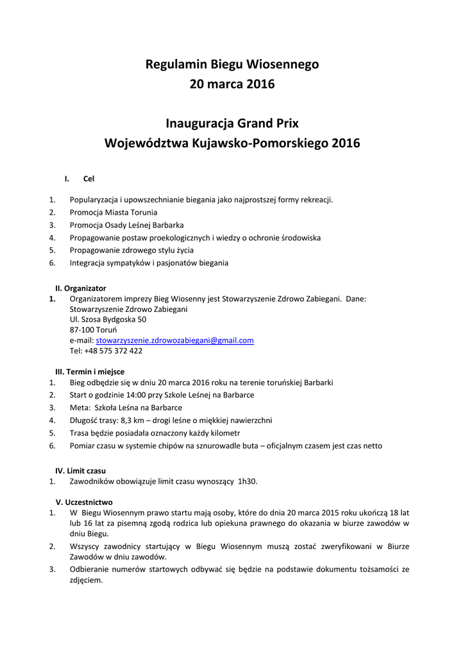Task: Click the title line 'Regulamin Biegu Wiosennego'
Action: (x=232, y=64)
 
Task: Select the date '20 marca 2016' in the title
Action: (x=232, y=85)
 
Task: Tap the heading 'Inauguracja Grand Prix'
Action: (x=232, y=122)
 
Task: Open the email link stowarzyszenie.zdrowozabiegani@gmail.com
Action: (x=174, y=340)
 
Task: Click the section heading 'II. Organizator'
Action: (x=81, y=288)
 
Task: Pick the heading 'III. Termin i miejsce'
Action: (x=90, y=372)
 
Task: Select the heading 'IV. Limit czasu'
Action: (x=81, y=471)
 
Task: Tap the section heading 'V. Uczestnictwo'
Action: (x=84, y=502)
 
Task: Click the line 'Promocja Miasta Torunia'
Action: (x=114, y=212)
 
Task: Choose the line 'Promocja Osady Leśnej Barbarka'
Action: (x=126, y=225)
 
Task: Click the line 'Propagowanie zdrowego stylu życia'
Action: (x=131, y=250)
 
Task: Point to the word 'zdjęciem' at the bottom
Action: (x=86, y=580)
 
